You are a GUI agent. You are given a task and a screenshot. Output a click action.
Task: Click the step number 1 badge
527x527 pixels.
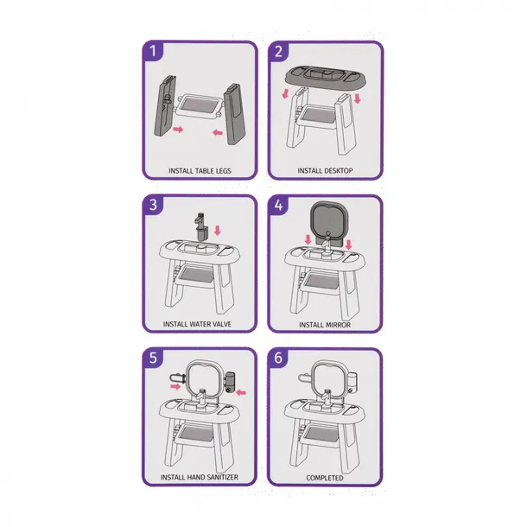tap(153, 51)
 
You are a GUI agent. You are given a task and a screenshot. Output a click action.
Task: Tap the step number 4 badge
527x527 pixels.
tap(279, 205)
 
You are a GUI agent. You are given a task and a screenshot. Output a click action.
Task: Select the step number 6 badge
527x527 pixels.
tap(278, 358)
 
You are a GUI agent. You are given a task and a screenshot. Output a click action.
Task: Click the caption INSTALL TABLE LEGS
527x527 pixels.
tap(200, 171)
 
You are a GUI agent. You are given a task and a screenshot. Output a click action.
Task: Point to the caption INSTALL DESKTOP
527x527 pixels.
tap(325, 171)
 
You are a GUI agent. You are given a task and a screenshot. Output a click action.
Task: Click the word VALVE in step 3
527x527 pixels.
tap(221, 324)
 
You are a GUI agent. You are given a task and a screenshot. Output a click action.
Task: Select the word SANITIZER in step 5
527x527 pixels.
tap(221, 477)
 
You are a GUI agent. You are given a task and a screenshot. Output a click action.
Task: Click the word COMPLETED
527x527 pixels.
tap(325, 478)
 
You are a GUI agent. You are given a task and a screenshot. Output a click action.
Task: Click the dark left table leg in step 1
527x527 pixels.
tap(165, 105)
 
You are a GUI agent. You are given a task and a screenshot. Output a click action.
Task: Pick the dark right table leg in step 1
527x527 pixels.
tap(234, 114)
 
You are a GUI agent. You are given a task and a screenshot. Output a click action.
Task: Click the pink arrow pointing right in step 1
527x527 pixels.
tap(178, 130)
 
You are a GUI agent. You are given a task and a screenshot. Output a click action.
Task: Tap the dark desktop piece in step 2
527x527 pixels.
tap(325, 77)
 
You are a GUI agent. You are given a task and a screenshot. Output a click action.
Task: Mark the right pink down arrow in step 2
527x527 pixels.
tap(358, 98)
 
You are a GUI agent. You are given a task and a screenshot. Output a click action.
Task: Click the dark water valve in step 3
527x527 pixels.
tap(200, 226)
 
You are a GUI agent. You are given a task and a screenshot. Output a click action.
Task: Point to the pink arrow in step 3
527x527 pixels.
tap(218, 231)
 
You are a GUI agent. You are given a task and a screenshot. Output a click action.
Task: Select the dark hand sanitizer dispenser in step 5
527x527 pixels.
tap(230, 382)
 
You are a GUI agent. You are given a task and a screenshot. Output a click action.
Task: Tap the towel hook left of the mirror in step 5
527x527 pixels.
tap(178, 378)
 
